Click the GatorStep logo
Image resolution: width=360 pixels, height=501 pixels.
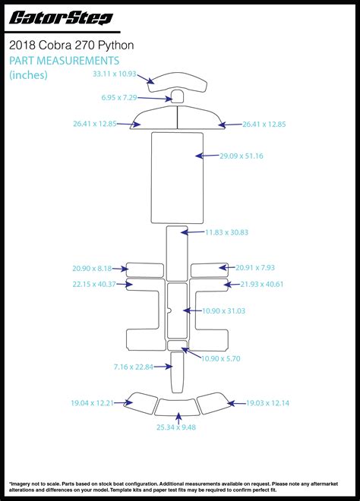tap(61, 18)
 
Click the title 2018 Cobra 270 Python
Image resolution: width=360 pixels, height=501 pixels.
tap(71, 45)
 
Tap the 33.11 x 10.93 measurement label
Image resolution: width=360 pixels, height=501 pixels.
tap(115, 74)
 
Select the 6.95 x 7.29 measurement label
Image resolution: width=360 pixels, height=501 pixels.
tap(119, 97)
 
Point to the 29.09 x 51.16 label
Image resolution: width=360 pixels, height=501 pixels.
tap(242, 156)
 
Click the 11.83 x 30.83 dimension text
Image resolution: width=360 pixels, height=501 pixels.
tap(226, 232)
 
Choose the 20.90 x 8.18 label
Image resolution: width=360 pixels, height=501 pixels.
tap(92, 269)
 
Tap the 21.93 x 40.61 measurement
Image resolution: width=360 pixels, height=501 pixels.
tap(262, 284)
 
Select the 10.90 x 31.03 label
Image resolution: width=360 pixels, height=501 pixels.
tap(223, 311)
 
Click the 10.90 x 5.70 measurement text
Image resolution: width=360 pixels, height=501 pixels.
tap(220, 358)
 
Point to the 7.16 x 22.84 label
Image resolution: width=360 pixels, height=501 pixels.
tap(134, 367)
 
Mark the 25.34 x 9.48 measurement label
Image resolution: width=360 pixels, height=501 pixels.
tap(176, 427)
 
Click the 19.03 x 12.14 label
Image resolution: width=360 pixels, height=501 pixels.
tap(267, 403)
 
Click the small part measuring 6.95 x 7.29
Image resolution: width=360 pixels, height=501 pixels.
tap(178, 96)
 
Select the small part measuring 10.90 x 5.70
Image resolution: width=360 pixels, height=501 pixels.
tap(177, 345)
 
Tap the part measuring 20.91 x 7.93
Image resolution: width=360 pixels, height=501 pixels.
tap(210, 270)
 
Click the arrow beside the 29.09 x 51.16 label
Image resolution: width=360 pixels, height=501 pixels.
tap(207, 156)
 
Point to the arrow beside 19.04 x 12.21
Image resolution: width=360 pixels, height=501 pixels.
tap(123, 402)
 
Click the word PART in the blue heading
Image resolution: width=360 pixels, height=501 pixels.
tap(22, 61)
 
